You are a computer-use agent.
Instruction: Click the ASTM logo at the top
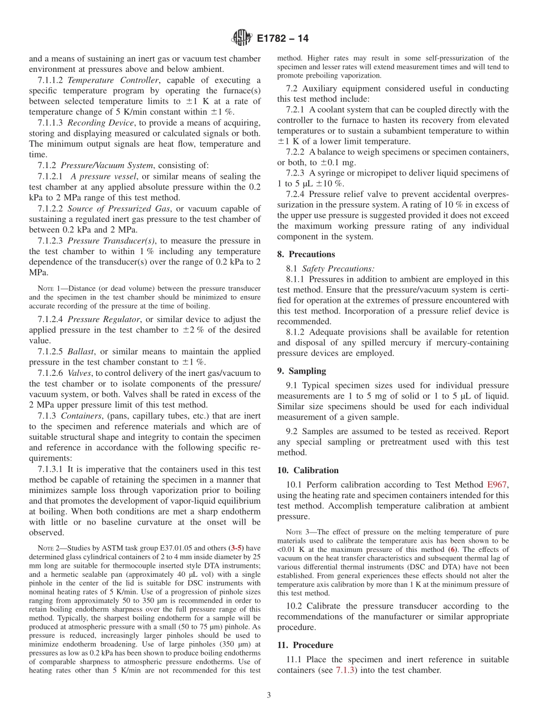pyautogui.click(x=242, y=38)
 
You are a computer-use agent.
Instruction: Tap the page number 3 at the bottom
pyautogui.click(x=269, y=695)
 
